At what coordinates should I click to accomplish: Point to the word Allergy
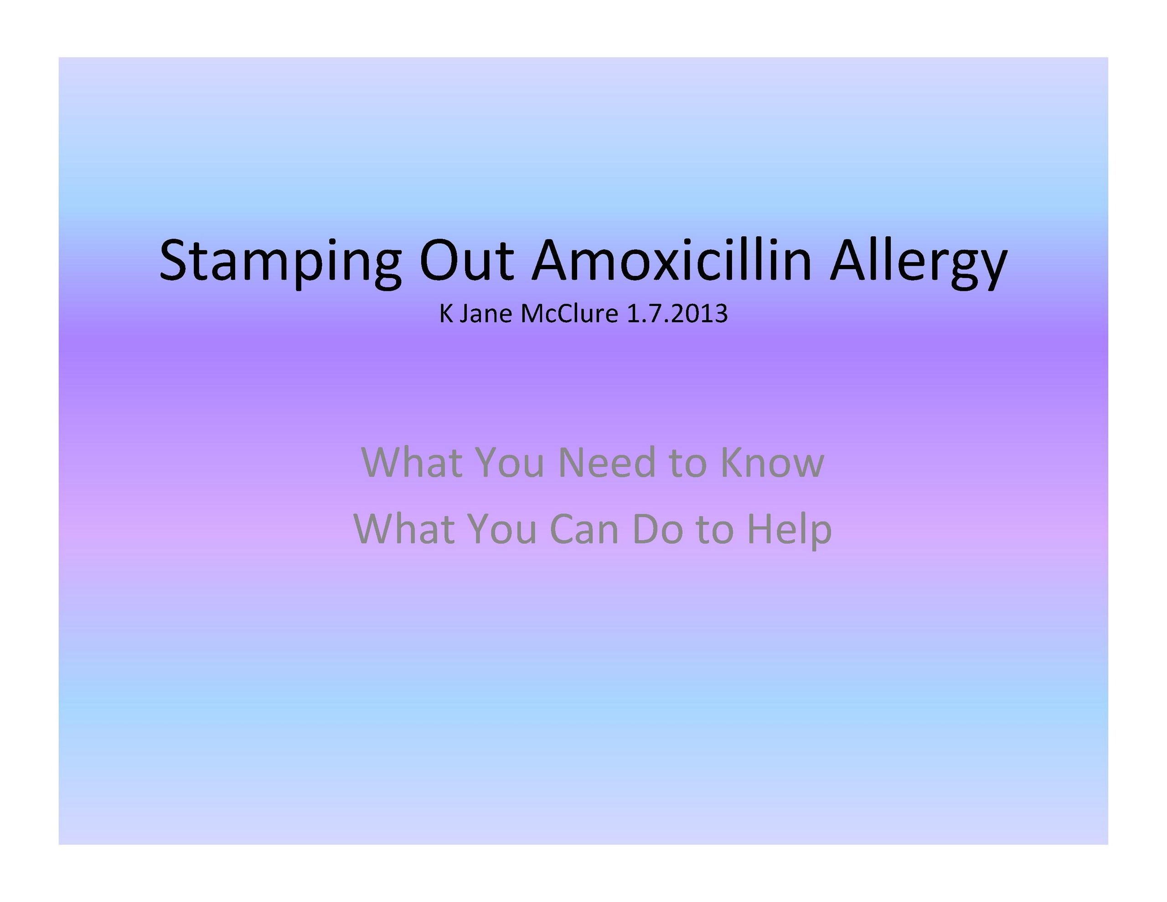918,263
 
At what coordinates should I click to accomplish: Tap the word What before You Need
412,462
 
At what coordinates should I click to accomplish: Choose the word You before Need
510,462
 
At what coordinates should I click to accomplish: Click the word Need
606,462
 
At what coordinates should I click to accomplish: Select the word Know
772,462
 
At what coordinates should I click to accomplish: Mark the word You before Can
502,529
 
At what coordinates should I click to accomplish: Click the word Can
584,529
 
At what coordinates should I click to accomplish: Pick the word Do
658,529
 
